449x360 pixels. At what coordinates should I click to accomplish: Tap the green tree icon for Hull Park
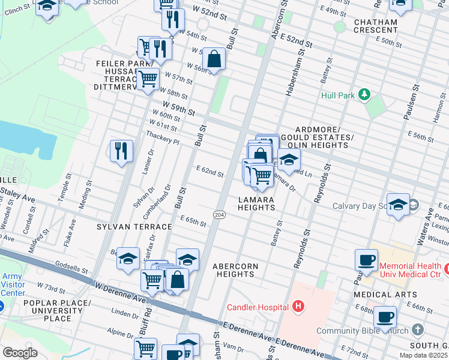click(363, 94)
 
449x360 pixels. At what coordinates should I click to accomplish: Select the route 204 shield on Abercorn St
click(220, 214)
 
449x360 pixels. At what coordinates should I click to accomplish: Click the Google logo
click(20, 353)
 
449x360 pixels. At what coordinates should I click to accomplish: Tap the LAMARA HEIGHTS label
click(256, 203)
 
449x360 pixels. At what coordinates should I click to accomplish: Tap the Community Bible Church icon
click(418, 331)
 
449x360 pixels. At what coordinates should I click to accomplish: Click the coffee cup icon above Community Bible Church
click(385, 316)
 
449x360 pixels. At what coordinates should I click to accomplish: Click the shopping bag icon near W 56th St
click(214, 58)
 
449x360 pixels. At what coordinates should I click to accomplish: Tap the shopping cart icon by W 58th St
click(148, 78)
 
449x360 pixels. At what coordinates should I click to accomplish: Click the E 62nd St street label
click(210, 173)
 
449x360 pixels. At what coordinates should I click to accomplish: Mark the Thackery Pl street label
click(163, 139)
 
